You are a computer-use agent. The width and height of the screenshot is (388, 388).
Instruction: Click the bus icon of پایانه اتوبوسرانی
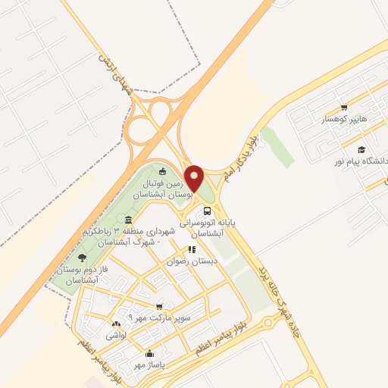pos(208,211)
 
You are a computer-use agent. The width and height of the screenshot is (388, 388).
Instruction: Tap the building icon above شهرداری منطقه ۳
pos(127,220)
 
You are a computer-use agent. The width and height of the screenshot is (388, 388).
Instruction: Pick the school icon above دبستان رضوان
pos(191,249)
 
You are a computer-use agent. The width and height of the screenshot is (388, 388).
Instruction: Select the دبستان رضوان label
pos(192,261)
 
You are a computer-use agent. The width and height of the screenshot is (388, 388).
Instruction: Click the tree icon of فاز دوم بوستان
pos(83,258)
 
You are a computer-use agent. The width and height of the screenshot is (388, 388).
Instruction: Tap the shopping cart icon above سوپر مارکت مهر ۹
pos(158,306)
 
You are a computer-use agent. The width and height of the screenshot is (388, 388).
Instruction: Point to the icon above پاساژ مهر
pos(149,354)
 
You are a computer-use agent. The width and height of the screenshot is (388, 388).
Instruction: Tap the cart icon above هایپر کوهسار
pos(345,108)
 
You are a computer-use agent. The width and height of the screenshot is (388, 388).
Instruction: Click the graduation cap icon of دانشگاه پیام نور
pos(362,150)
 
